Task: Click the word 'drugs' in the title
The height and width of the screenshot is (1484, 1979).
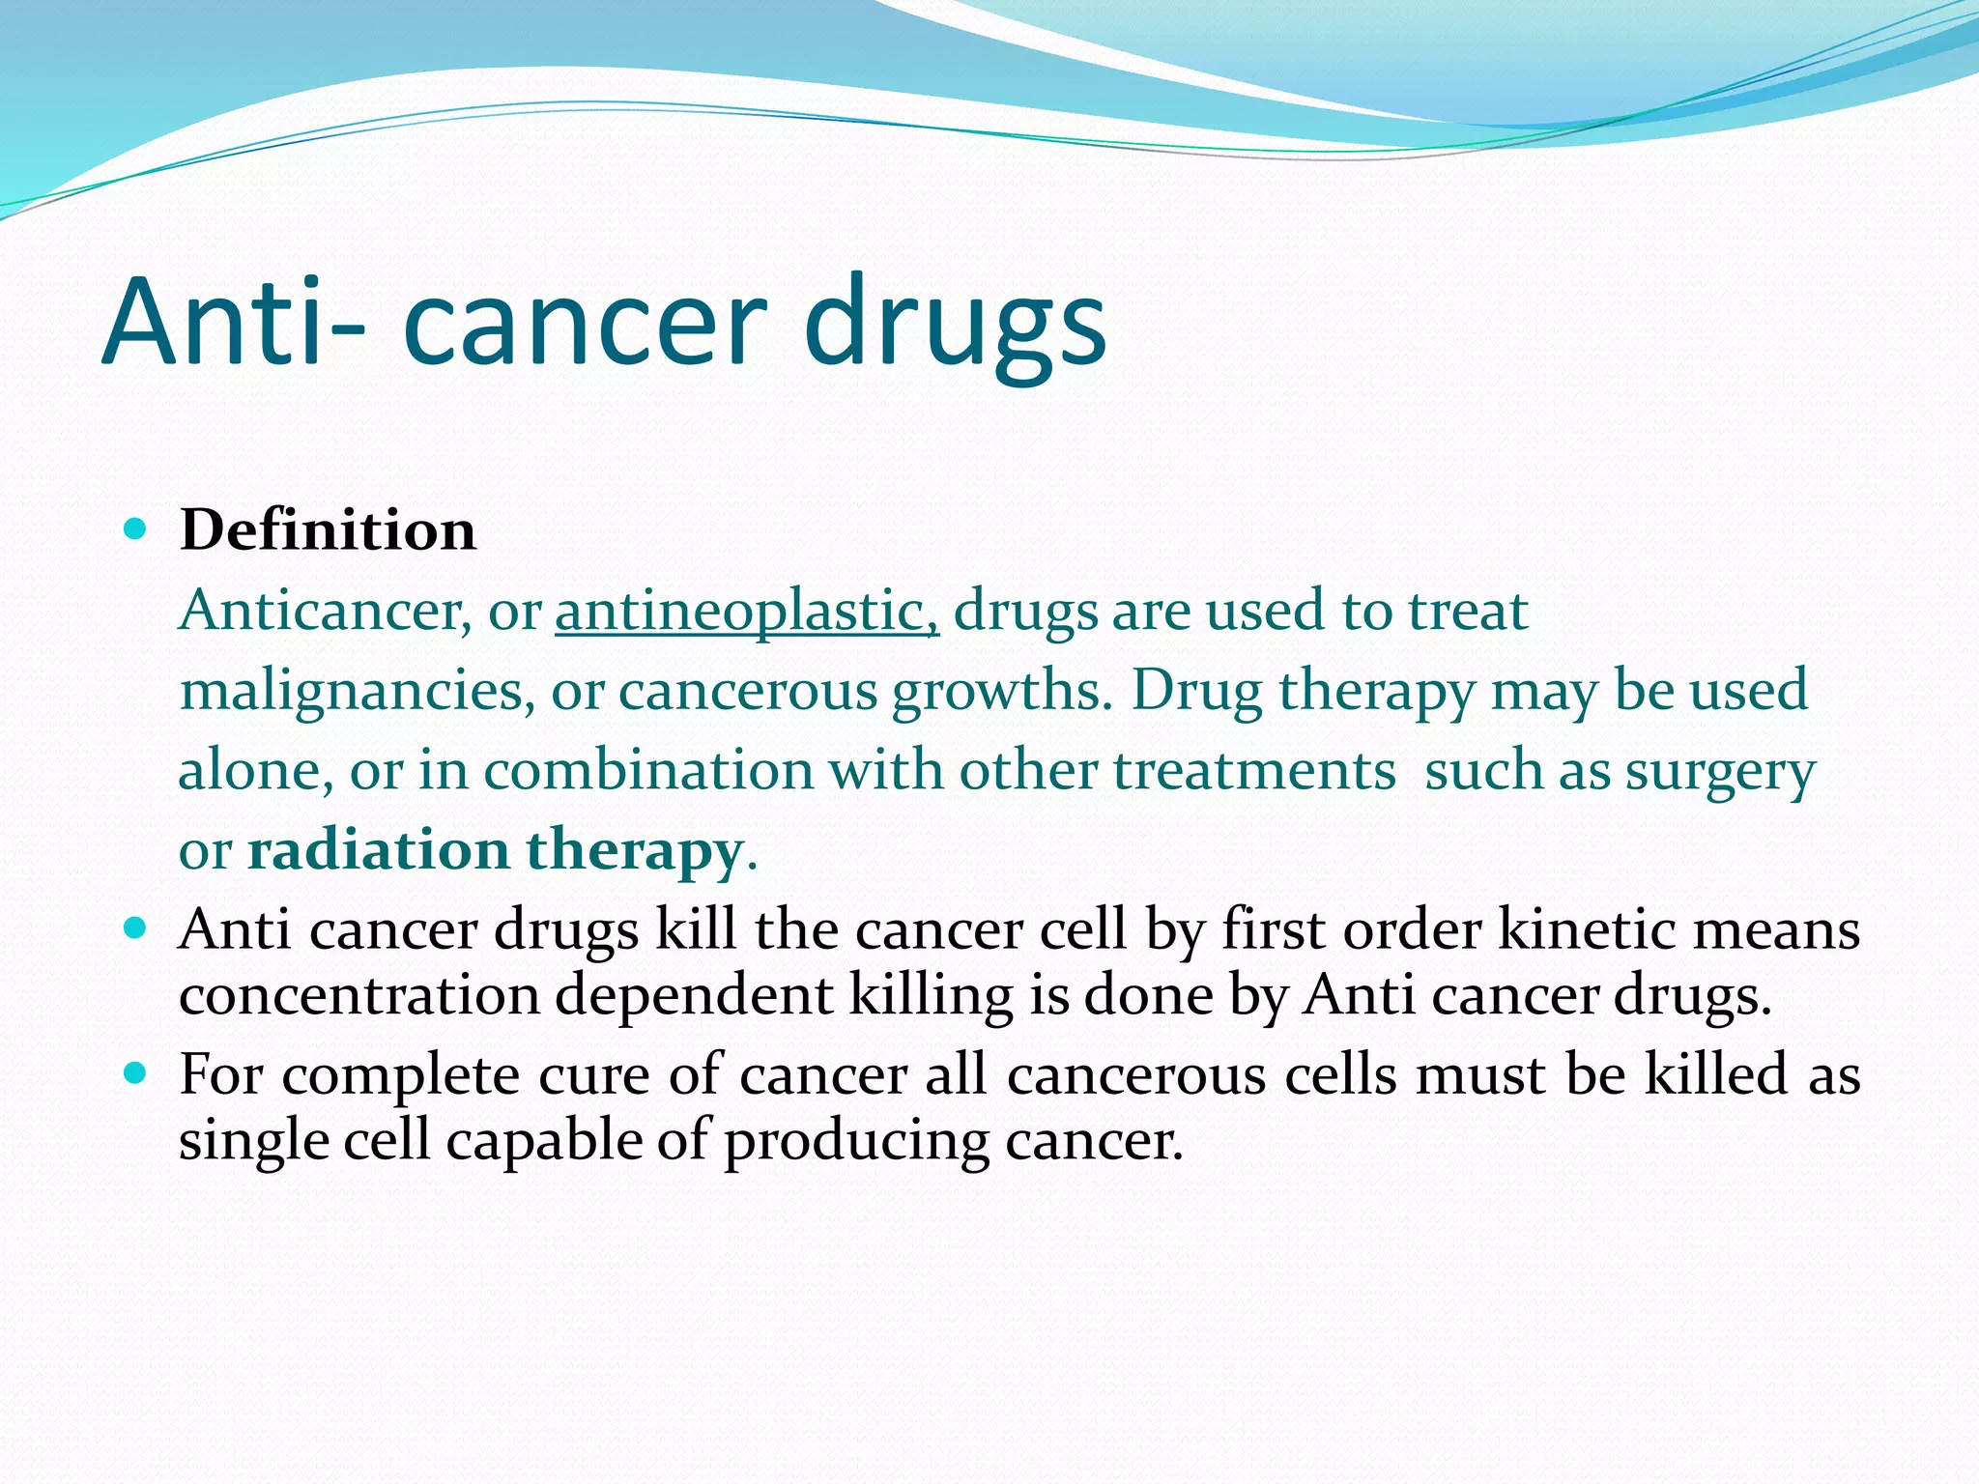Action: (x=954, y=324)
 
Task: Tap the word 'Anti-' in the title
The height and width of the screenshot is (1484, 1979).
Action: (x=232, y=324)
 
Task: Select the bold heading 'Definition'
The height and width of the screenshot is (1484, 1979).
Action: (x=328, y=530)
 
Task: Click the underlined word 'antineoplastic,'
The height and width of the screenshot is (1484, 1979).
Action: (x=746, y=612)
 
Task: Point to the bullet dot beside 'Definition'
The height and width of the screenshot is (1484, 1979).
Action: (x=135, y=529)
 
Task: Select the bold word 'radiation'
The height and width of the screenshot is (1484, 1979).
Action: (x=378, y=850)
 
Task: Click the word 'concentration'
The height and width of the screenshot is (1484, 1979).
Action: (x=359, y=995)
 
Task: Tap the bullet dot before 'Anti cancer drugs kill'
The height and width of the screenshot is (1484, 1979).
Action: (x=135, y=929)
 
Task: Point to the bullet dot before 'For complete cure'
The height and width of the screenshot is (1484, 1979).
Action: (x=135, y=1073)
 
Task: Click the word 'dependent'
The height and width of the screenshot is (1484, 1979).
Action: (x=693, y=995)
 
